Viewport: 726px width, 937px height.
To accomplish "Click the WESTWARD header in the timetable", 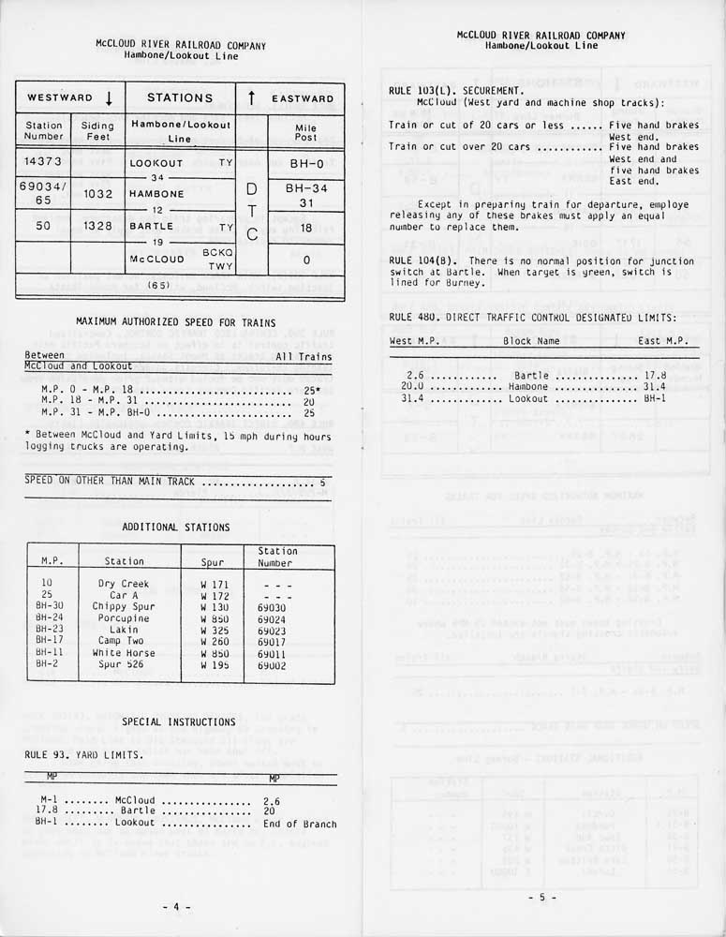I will click(x=60, y=98).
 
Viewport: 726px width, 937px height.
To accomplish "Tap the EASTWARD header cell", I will click(x=303, y=98).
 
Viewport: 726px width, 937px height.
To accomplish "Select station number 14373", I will click(x=43, y=162).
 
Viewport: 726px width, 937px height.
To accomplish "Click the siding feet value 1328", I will click(x=97, y=226).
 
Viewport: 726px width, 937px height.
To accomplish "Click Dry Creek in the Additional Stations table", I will click(x=124, y=584).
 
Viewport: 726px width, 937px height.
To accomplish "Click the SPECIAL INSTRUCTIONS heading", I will click(x=179, y=722).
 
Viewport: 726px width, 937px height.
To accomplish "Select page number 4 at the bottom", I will click(x=176, y=907).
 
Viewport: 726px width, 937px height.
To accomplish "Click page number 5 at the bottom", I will click(x=541, y=898).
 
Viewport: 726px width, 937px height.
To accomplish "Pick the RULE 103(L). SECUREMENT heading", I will click(x=448, y=91).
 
